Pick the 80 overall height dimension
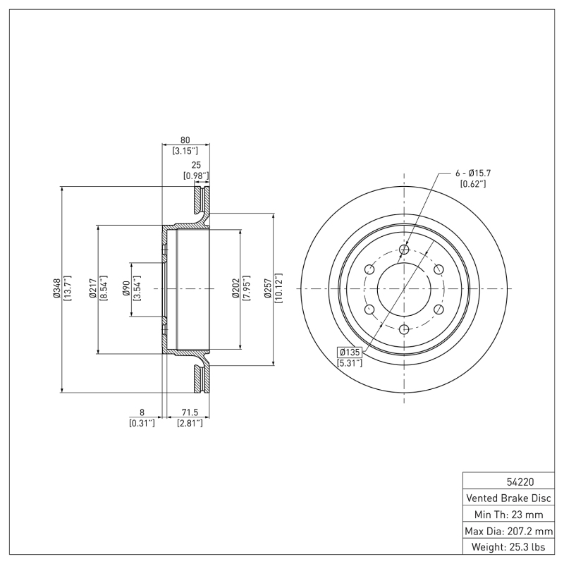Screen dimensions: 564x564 [x=186, y=139]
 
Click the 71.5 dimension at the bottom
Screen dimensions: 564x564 [x=190, y=412]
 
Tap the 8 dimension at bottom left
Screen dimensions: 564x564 [x=142, y=412]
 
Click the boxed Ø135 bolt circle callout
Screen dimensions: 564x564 [x=350, y=352]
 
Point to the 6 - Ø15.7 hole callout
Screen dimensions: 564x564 [x=472, y=173]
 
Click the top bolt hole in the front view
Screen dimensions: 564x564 [x=403, y=250]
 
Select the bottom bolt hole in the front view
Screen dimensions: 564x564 [x=403, y=329]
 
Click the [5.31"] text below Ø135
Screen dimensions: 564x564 [x=350, y=363]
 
